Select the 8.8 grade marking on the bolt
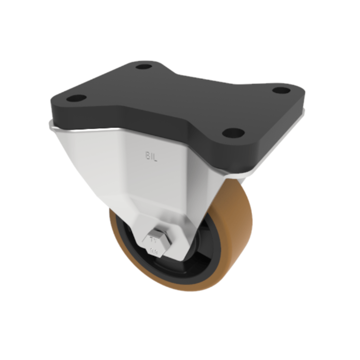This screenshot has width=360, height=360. click(x=153, y=248)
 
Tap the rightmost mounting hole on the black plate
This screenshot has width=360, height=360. click(x=281, y=90)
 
